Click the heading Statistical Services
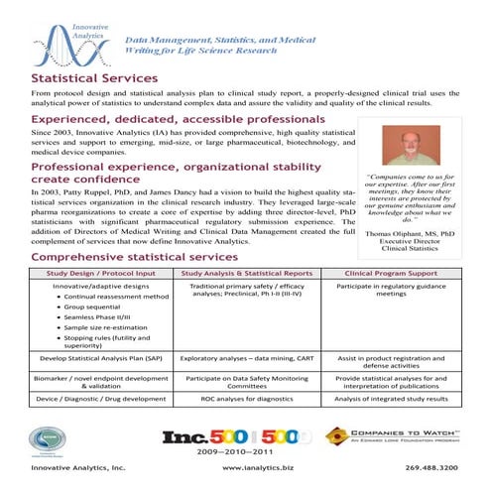coord(94,77)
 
